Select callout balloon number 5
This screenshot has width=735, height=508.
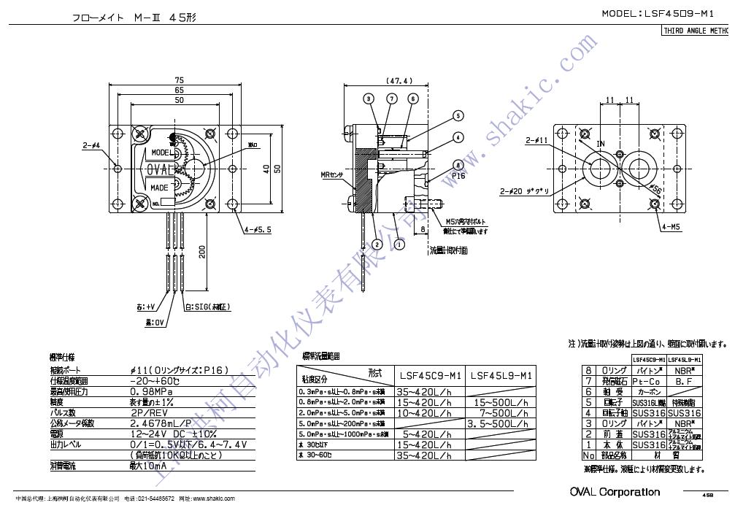coord(458,115)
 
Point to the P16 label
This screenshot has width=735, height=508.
coord(458,175)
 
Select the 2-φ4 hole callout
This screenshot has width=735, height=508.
coord(91,145)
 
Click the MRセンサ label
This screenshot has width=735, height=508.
coord(333,175)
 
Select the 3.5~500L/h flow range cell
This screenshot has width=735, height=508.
coord(500,423)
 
